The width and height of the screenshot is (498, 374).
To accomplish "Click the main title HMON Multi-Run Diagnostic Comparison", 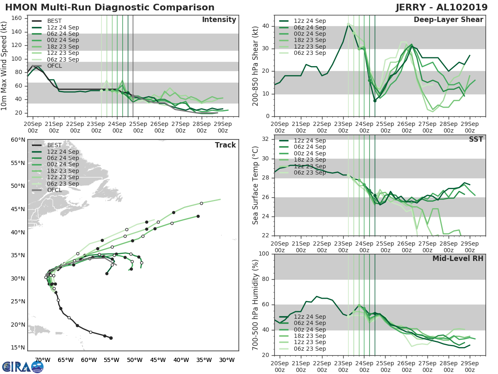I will [110, 7].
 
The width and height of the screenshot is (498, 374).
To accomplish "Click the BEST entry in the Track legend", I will [54, 145].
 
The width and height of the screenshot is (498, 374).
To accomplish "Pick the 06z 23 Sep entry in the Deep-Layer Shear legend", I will [310, 53].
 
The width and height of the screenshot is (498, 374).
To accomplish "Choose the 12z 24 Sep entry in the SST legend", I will [310, 140].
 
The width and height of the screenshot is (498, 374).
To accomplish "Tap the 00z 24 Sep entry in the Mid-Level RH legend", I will [310, 330].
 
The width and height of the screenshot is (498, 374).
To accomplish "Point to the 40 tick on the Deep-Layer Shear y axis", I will [266, 26].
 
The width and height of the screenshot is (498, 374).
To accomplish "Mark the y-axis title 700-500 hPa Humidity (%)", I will [255, 305].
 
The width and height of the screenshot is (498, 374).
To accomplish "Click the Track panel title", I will [225, 145].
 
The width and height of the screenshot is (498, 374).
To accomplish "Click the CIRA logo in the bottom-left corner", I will [23, 367].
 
